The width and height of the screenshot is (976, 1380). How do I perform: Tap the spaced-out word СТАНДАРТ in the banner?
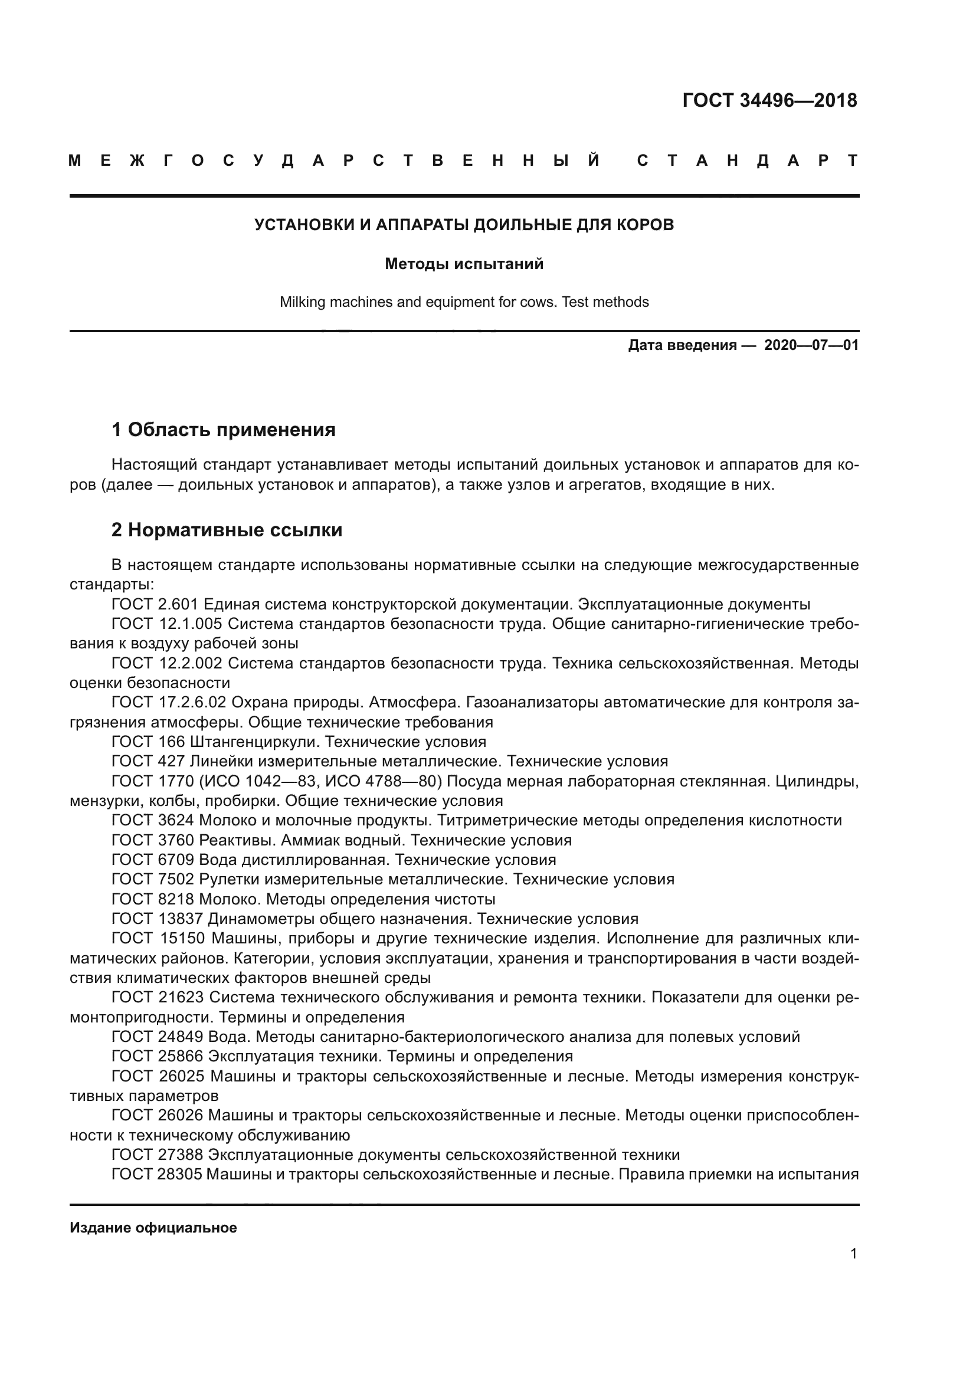click(747, 160)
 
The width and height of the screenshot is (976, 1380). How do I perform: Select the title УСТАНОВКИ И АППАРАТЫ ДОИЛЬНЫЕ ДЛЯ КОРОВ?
click(464, 225)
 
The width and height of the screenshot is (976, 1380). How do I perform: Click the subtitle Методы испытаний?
click(464, 264)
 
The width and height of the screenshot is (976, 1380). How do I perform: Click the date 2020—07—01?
click(811, 345)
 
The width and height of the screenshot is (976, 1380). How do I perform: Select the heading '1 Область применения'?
click(224, 430)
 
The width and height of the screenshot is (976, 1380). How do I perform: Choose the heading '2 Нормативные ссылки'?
click(227, 530)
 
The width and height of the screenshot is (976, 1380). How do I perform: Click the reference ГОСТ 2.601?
click(155, 604)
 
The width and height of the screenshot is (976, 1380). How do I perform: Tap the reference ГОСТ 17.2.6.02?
click(169, 702)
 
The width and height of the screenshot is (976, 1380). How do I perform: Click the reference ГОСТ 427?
click(148, 762)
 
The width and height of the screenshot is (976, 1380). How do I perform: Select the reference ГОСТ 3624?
click(153, 821)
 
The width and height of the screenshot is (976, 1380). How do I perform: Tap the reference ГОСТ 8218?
click(153, 900)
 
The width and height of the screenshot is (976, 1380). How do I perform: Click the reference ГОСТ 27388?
click(158, 1155)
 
